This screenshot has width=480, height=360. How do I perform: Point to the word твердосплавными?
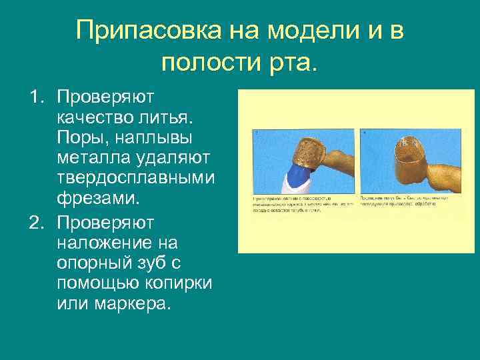[136, 178]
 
